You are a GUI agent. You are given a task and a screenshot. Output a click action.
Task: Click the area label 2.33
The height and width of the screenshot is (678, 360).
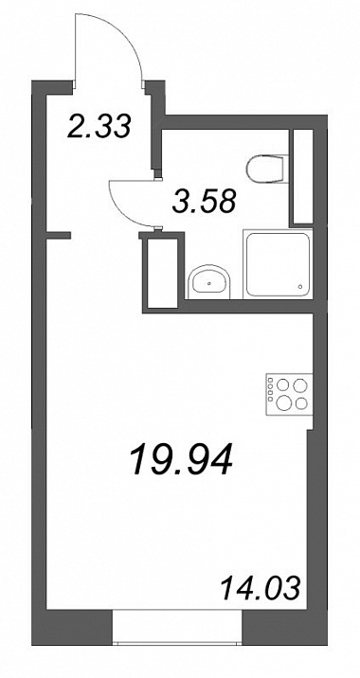(x=99, y=126)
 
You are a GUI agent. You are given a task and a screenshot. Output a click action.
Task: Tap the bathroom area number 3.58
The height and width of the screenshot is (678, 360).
(x=204, y=201)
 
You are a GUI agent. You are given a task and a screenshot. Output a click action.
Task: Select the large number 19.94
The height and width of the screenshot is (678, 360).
(x=182, y=458)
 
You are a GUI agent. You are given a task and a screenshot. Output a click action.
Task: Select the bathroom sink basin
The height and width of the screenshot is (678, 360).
(x=209, y=282)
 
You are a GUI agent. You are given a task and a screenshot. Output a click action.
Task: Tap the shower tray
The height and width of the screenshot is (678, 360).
(x=278, y=264)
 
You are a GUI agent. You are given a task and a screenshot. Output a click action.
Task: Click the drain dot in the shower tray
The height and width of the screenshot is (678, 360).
(x=301, y=286)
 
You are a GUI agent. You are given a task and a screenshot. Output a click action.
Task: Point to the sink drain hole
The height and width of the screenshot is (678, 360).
(x=209, y=284)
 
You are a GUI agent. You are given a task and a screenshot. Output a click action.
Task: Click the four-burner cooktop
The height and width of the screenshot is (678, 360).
(x=289, y=394)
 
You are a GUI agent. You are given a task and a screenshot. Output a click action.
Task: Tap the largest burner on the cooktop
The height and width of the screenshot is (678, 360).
(x=284, y=403)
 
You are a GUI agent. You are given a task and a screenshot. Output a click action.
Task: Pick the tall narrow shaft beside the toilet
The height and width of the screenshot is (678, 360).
(x=302, y=177)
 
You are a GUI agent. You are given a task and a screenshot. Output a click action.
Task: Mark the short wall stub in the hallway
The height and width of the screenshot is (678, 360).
(x=58, y=235)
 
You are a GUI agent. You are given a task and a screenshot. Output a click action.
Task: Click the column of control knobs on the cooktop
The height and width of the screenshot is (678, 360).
(x=270, y=389)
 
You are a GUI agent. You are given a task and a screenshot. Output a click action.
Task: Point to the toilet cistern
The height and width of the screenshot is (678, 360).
(x=285, y=169)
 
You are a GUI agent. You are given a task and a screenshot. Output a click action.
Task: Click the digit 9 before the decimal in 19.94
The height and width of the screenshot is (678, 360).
(x=159, y=459)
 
